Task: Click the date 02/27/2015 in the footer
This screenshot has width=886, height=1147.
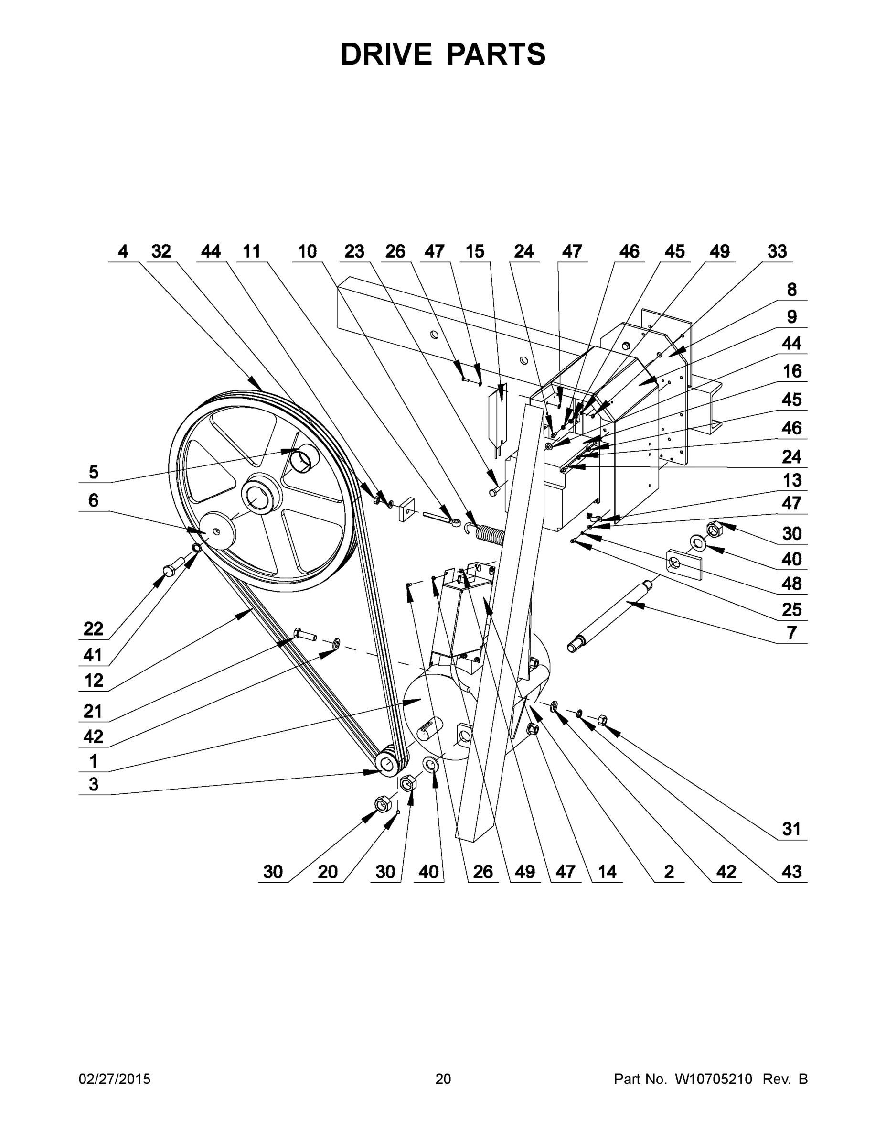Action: [115, 1079]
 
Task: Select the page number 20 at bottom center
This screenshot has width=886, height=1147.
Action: [443, 1079]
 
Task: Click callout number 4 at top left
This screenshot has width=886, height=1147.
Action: [123, 251]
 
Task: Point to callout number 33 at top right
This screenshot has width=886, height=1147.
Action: [777, 251]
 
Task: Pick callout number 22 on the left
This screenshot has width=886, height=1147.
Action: [94, 628]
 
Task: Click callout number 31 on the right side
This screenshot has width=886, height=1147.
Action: [791, 829]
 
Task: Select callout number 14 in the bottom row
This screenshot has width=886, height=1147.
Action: [607, 872]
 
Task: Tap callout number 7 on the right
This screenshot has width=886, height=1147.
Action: [791, 633]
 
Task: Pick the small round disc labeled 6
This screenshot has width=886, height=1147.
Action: [218, 531]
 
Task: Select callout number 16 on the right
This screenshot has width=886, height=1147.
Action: [791, 371]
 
